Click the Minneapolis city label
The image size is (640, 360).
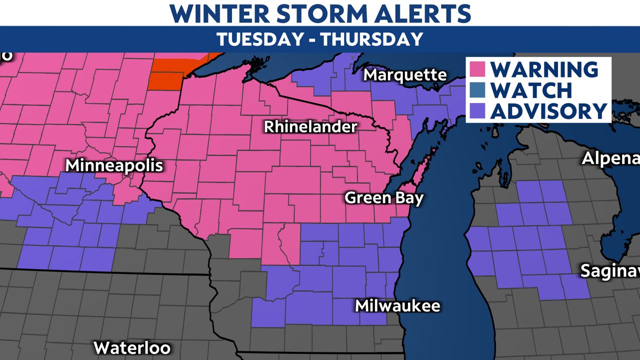point(114,165)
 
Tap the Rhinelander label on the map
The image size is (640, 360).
point(310,127)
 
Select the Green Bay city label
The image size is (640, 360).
point(384,198)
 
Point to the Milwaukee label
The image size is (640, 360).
point(397,305)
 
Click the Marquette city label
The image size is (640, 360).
point(405,75)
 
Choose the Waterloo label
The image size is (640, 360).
point(132,347)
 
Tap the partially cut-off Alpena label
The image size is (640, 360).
point(610,159)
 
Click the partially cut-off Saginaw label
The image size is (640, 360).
point(609,271)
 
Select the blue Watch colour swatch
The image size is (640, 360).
point(477,90)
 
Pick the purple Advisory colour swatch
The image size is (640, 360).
point(477,110)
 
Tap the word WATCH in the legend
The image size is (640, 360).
point(531,90)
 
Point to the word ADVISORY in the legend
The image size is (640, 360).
point(548,110)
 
